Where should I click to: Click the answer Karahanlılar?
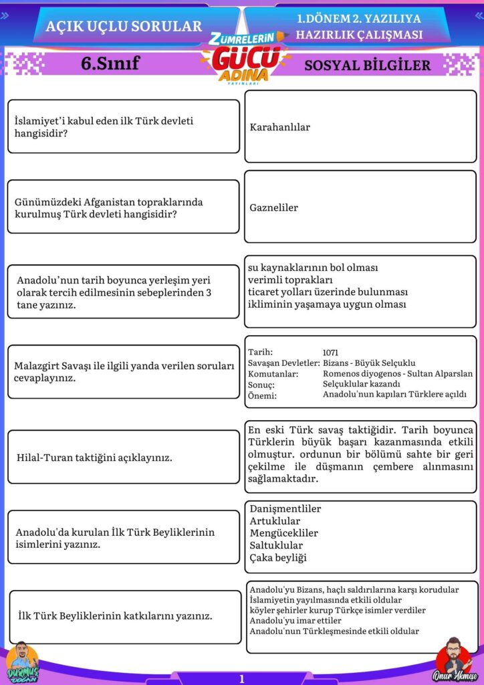point(279,127)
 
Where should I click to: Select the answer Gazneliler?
point(273,207)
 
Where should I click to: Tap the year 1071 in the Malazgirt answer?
point(330,352)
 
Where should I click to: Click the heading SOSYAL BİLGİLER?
point(367,66)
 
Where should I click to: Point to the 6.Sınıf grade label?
point(110,64)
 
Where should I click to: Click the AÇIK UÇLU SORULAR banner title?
point(124,26)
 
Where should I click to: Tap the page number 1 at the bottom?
point(241,678)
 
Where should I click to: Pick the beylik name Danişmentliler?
point(285,509)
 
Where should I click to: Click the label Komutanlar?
point(273,374)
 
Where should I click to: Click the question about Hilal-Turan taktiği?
point(94,458)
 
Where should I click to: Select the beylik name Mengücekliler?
point(283,533)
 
